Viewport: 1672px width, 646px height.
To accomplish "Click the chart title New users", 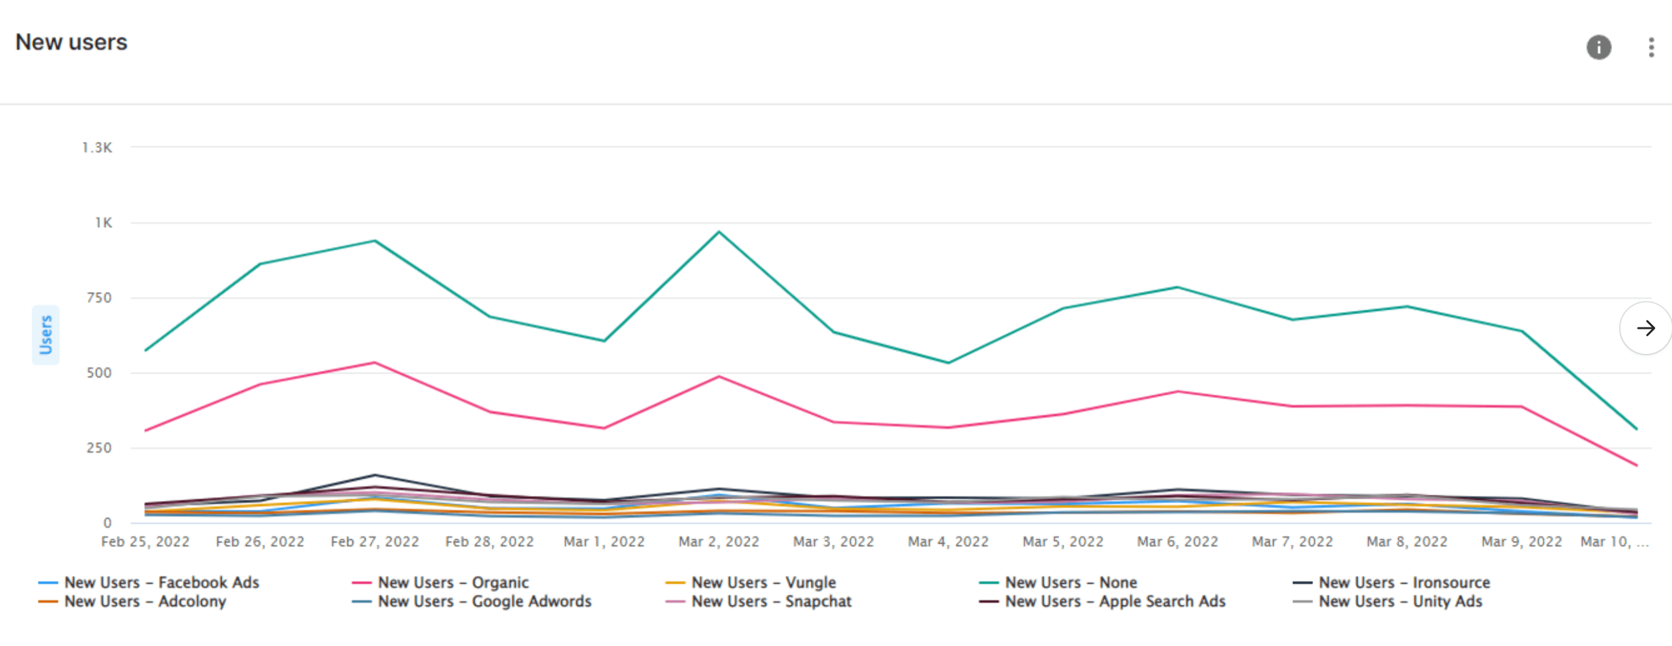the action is click(72, 42).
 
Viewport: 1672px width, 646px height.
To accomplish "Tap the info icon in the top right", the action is click(1599, 48).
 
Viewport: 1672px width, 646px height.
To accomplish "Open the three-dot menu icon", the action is click(1651, 48).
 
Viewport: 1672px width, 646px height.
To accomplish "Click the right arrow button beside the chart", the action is click(1646, 328).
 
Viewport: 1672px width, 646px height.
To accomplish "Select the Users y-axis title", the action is click(45, 335).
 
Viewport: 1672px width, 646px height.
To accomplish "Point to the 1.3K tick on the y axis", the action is click(97, 148).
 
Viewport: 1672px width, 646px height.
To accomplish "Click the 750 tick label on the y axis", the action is click(99, 298).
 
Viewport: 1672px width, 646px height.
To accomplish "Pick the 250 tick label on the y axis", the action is click(99, 448).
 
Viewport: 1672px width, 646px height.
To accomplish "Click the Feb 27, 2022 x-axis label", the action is click(374, 542).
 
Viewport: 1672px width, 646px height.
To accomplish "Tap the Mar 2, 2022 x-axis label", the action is click(719, 542).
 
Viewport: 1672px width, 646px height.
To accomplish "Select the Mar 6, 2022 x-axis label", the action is click(1178, 542).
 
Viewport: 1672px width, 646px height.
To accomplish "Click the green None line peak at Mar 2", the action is click(719, 232).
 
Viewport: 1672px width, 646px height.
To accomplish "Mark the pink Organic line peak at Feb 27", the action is click(374, 362).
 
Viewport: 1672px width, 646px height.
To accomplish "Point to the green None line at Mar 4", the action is click(948, 362).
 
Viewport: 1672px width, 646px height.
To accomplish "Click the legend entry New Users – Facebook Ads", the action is click(149, 582).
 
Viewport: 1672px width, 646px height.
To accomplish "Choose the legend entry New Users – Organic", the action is click(440, 582).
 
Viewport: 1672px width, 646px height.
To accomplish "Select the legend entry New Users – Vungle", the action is click(751, 582).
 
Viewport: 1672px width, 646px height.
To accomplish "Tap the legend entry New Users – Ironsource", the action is click(1391, 582).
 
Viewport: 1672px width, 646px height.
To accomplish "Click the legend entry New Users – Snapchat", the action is click(758, 602).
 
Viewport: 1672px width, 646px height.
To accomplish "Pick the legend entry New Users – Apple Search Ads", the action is click(1102, 602).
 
